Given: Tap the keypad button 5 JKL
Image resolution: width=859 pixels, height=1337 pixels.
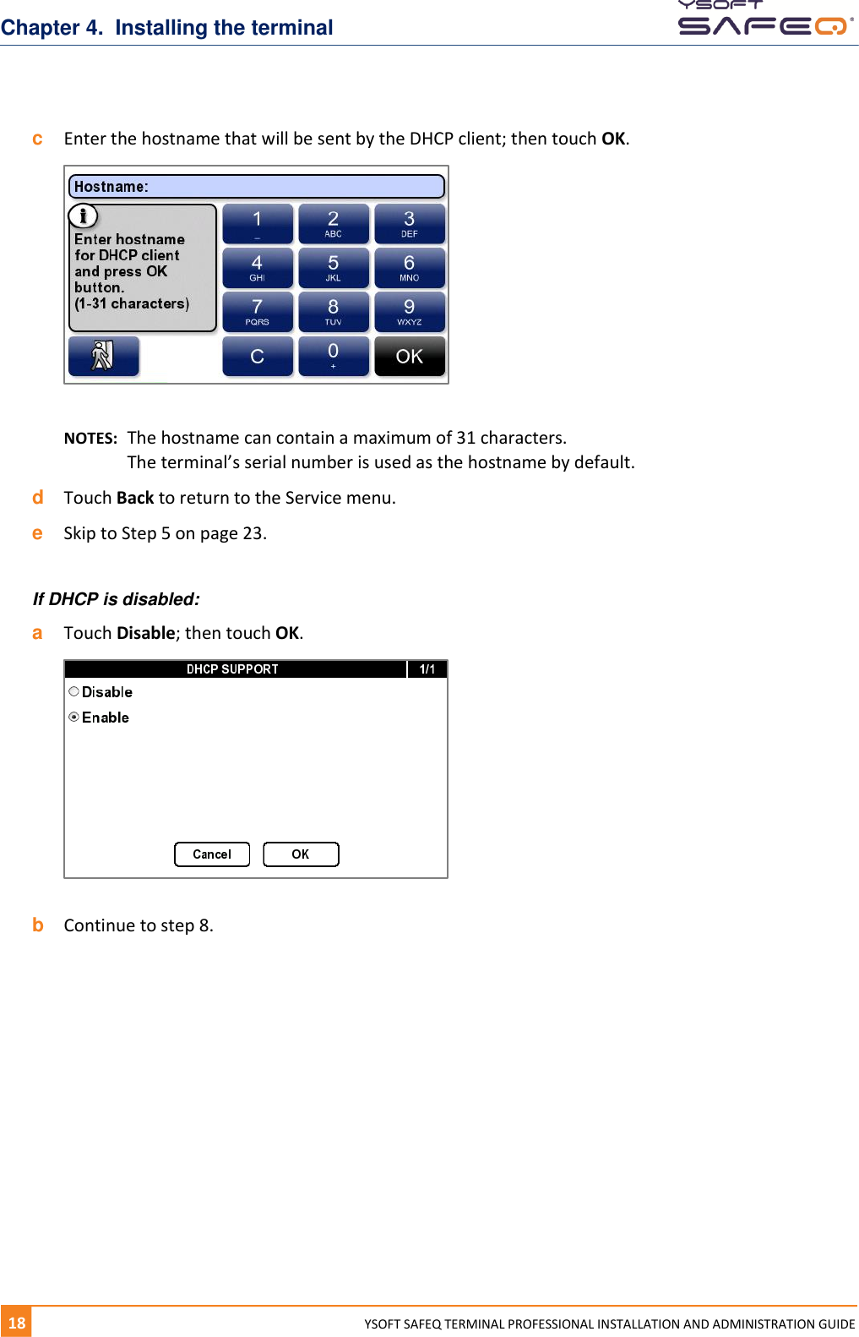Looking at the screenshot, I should [x=333, y=268].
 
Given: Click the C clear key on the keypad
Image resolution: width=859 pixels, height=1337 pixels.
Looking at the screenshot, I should [x=258, y=357].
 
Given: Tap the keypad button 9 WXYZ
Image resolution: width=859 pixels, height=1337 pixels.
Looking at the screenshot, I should [x=409, y=312].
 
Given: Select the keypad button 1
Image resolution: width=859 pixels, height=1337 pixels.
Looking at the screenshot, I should [x=258, y=224].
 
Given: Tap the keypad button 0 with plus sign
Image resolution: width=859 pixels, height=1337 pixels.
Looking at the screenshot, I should [x=333, y=357].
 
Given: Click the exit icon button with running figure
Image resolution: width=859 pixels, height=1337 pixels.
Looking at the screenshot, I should [x=103, y=356].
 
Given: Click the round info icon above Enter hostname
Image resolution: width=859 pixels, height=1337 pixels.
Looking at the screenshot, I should [x=83, y=216].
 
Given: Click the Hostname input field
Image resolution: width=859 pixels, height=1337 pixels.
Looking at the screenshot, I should [x=256, y=187].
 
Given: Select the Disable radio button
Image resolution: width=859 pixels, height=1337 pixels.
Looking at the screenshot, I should [x=74, y=691].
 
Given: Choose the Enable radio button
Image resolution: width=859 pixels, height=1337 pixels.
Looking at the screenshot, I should [x=74, y=717].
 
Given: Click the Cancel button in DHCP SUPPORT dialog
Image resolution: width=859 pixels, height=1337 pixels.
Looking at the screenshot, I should [x=211, y=854].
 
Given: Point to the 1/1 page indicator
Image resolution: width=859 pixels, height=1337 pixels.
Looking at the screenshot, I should [x=427, y=669].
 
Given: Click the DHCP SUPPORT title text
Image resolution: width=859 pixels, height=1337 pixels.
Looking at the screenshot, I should [x=232, y=669].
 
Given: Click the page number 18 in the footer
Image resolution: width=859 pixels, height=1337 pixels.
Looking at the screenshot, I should [x=17, y=1323].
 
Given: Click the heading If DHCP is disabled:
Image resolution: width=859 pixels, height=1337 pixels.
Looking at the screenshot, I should [x=117, y=599].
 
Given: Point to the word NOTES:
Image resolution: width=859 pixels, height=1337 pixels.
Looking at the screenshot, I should [x=90, y=439].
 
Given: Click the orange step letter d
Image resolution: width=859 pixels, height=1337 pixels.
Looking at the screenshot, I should [x=37, y=498].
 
